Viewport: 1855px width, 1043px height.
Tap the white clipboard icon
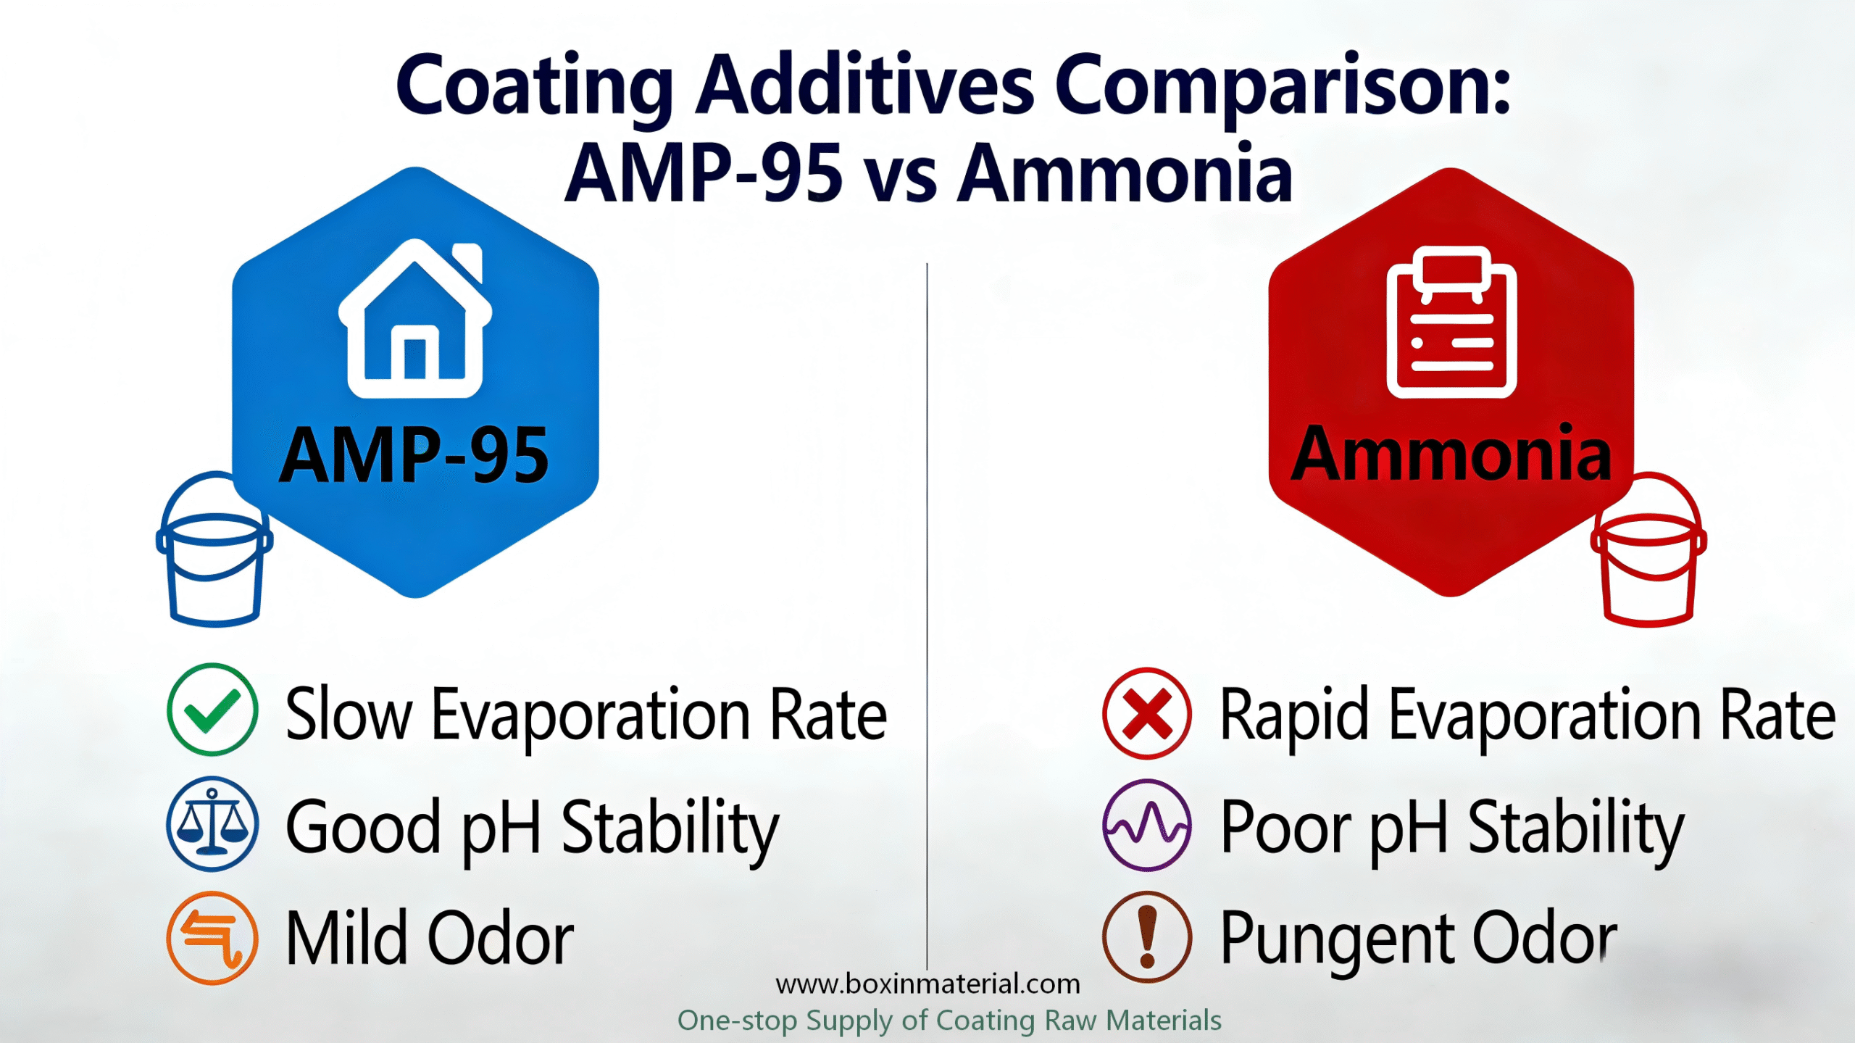point(1451,323)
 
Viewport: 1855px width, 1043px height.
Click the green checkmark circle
point(212,710)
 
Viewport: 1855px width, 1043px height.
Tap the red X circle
point(1147,713)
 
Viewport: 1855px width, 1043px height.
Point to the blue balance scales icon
point(212,824)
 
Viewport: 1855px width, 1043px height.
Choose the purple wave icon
point(1147,825)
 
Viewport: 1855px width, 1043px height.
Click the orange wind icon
point(212,937)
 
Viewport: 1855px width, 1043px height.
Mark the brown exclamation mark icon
point(1147,937)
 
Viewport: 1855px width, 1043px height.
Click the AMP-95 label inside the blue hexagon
point(414,455)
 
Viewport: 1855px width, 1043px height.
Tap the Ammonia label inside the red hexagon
point(1451,455)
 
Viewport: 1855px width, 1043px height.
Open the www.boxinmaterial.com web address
point(927,984)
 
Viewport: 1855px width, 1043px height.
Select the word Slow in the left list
point(349,715)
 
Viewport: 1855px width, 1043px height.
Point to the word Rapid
point(1295,716)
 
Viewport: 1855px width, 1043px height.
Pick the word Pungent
point(1338,939)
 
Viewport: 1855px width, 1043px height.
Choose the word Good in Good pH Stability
point(363,827)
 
